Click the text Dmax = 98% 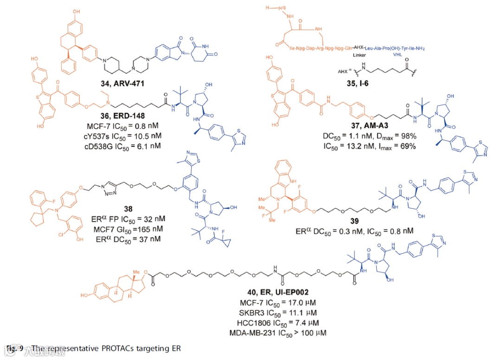pyautogui.click(x=396, y=137)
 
